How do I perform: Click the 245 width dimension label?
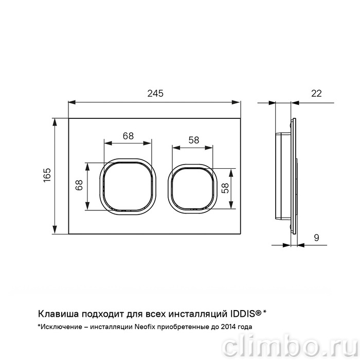[155, 94]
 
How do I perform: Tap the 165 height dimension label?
[47, 175]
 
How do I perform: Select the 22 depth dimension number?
[316, 94]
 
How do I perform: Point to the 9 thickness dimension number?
[316, 238]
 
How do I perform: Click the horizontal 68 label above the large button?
[128, 136]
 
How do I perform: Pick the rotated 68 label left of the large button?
[79, 185]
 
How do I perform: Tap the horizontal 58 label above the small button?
[194, 140]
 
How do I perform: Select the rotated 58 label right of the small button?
[226, 188]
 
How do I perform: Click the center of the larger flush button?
[128, 186]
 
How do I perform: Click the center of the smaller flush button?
[192, 189]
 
